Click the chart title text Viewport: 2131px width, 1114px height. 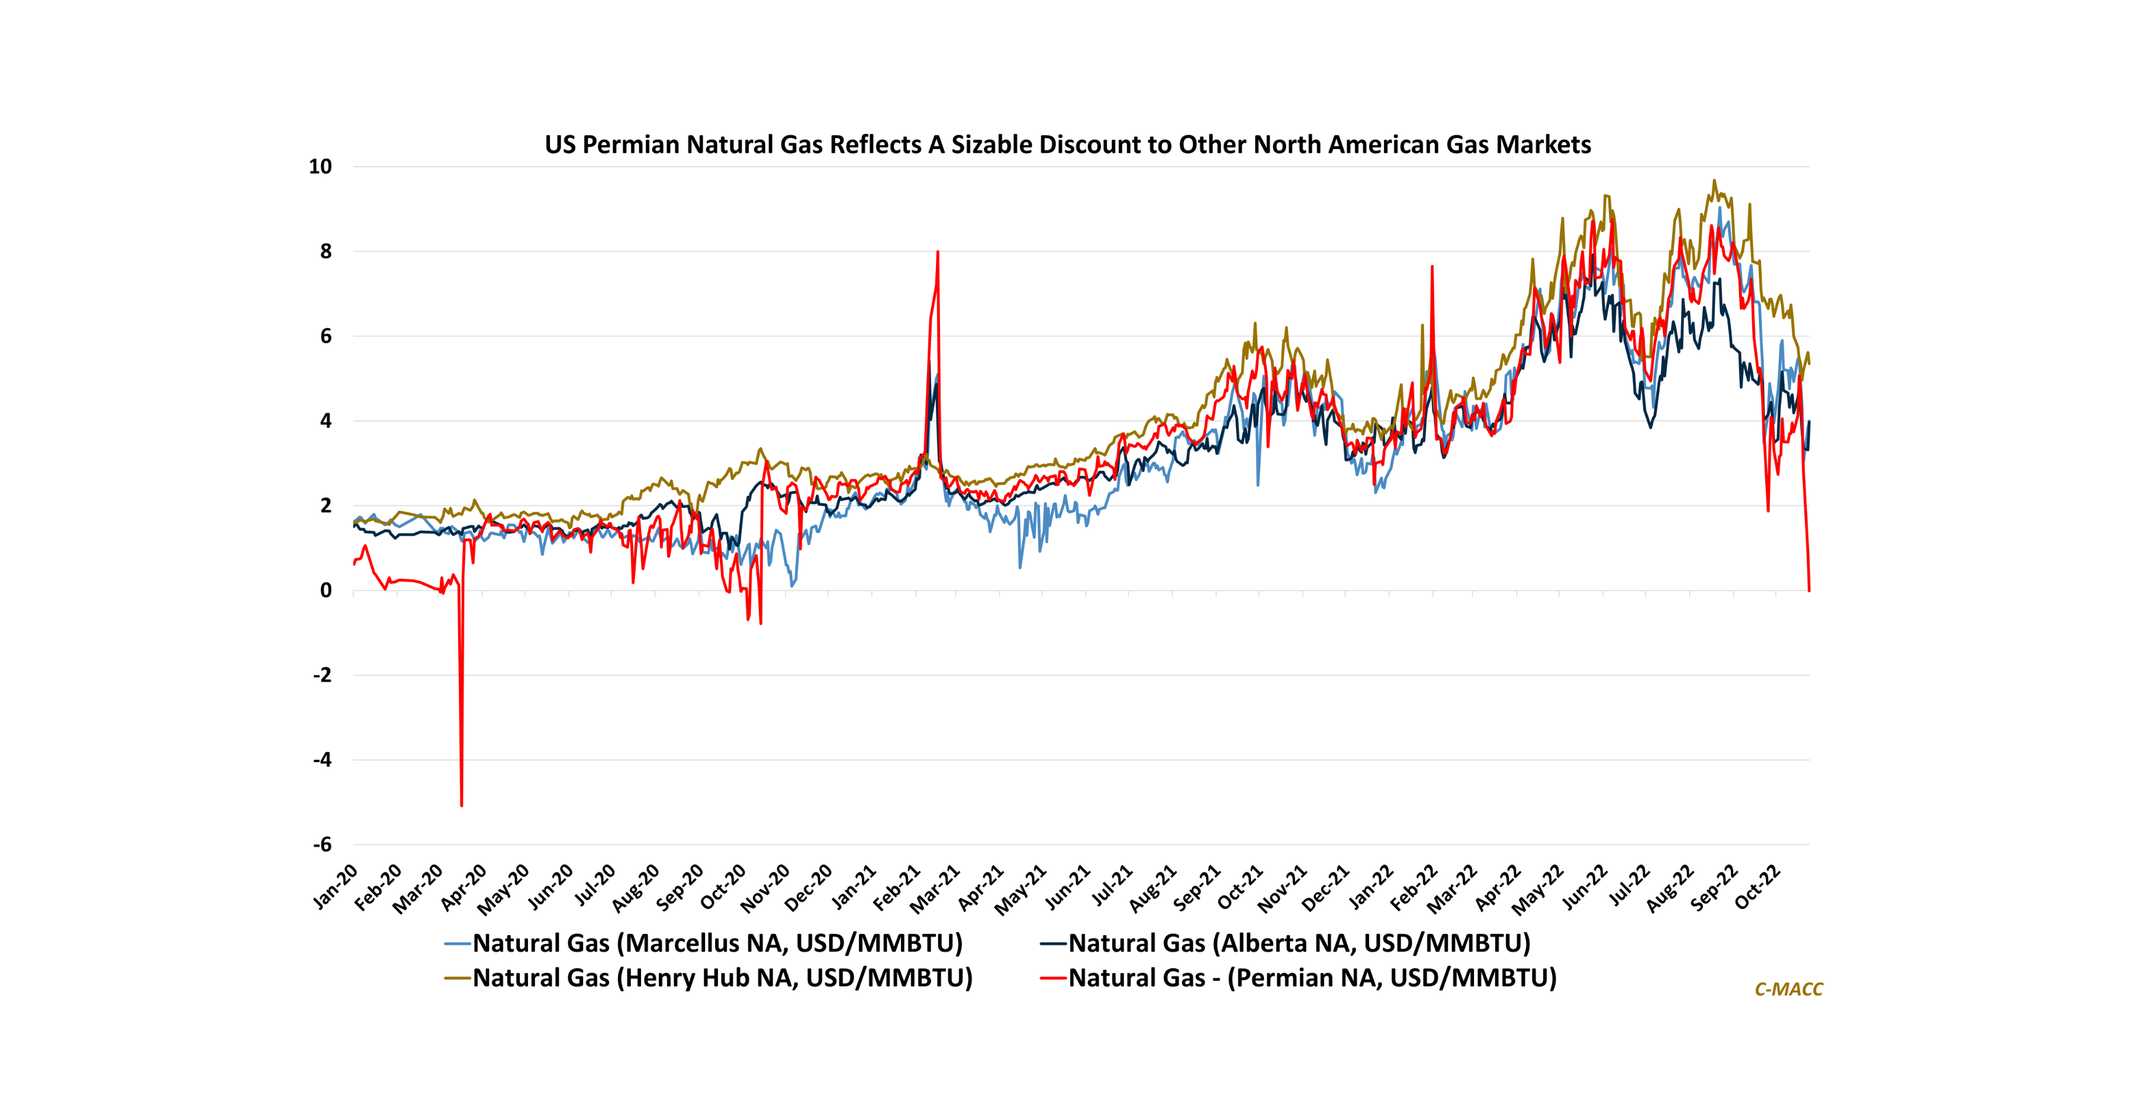[1067, 145]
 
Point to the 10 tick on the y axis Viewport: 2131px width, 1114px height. [320, 166]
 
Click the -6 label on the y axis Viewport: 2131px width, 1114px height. [322, 844]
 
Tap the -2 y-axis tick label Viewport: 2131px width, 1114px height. [322, 675]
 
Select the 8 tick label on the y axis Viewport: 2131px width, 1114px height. [326, 252]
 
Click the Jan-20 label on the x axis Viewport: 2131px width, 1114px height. [336, 887]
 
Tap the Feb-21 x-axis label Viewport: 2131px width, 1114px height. [897, 887]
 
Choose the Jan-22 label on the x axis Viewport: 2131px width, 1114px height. [1371, 887]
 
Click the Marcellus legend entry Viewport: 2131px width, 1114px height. [716, 943]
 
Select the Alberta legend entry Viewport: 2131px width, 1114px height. [1299, 943]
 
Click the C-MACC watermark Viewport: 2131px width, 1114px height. [1788, 989]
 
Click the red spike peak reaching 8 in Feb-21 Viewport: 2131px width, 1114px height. [937, 252]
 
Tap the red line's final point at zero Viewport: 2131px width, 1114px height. [1809, 590]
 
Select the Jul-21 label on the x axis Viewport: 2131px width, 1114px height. [1113, 887]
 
